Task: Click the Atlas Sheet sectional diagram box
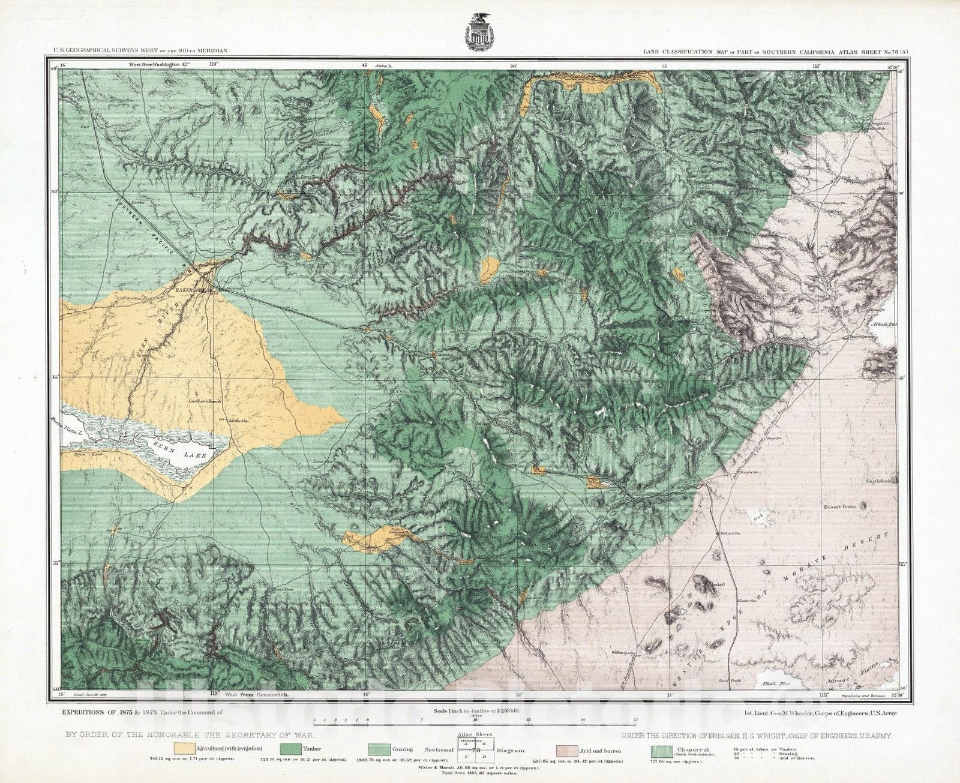[x=477, y=750]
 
